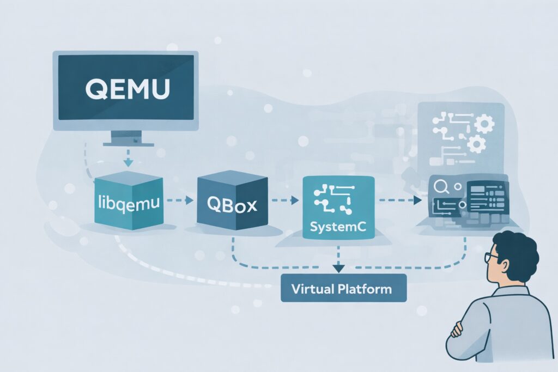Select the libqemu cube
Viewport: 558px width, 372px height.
tap(129, 204)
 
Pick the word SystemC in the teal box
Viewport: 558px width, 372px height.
tap(338, 225)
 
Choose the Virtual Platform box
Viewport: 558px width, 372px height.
tap(343, 288)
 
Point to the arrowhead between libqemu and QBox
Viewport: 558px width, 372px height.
tap(189, 200)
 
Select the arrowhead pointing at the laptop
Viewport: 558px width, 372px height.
tap(418, 200)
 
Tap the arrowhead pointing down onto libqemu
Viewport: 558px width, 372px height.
tap(127, 162)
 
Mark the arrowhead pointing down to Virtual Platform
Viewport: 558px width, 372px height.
tap(338, 268)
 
